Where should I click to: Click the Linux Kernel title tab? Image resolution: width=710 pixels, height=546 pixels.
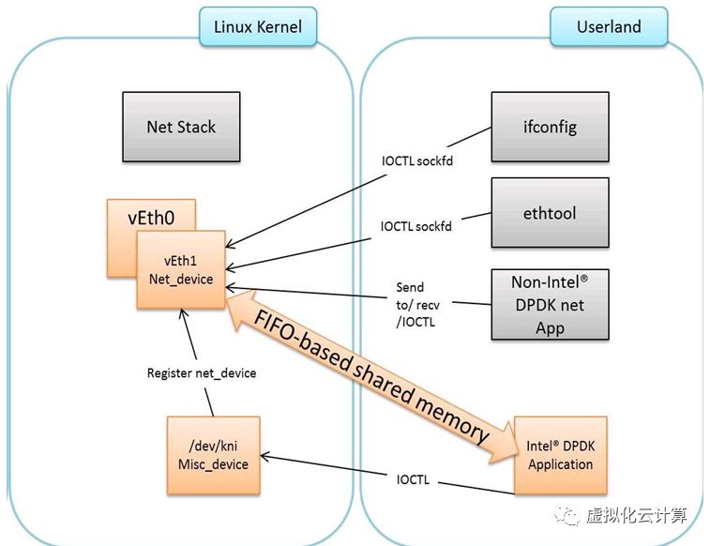coord(258,26)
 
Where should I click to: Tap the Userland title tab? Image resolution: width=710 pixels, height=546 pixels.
coord(609,26)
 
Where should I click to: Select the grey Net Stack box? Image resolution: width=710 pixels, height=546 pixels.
coord(181,127)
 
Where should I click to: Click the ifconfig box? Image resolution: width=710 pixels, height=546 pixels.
coord(551,127)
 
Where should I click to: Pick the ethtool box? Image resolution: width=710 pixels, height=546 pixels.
coord(551,213)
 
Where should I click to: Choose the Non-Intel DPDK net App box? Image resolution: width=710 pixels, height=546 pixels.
coord(551,304)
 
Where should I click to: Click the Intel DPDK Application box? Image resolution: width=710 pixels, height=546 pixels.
coord(561,455)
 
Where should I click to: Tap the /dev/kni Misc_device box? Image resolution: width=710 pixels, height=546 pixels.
coord(213,455)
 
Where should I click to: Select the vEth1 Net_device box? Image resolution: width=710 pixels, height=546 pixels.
coord(181,270)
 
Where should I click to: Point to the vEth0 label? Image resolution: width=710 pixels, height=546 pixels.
coord(151,218)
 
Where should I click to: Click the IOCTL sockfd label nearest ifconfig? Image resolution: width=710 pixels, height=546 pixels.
coord(417,161)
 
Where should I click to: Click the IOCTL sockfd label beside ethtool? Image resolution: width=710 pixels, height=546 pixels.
coord(416,226)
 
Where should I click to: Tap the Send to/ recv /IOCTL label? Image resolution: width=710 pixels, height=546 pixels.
coord(417,305)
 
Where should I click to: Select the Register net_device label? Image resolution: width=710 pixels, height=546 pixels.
coord(202,373)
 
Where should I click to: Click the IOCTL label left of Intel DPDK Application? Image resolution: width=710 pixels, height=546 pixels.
coord(413,479)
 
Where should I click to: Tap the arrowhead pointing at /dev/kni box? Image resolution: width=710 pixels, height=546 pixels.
coord(264,456)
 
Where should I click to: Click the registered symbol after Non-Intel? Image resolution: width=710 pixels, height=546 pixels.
coord(584,278)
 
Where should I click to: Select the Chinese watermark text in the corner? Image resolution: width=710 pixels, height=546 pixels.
coord(636,516)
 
